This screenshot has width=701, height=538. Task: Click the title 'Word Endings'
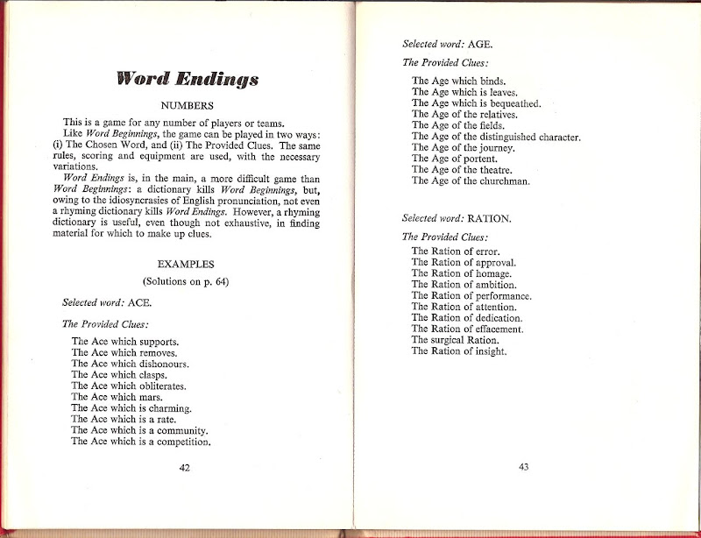(188, 80)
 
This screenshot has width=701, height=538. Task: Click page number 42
(185, 467)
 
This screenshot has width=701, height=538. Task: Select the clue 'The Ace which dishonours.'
(130, 364)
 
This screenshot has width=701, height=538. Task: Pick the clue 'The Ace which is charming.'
(131, 408)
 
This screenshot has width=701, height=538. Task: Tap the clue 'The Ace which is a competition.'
(141, 442)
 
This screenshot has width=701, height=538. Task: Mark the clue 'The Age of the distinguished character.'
(496, 137)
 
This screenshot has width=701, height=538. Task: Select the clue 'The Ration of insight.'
(459, 351)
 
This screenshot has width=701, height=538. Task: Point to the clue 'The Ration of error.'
(456, 251)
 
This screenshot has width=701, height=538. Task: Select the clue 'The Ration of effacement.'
(467, 329)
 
